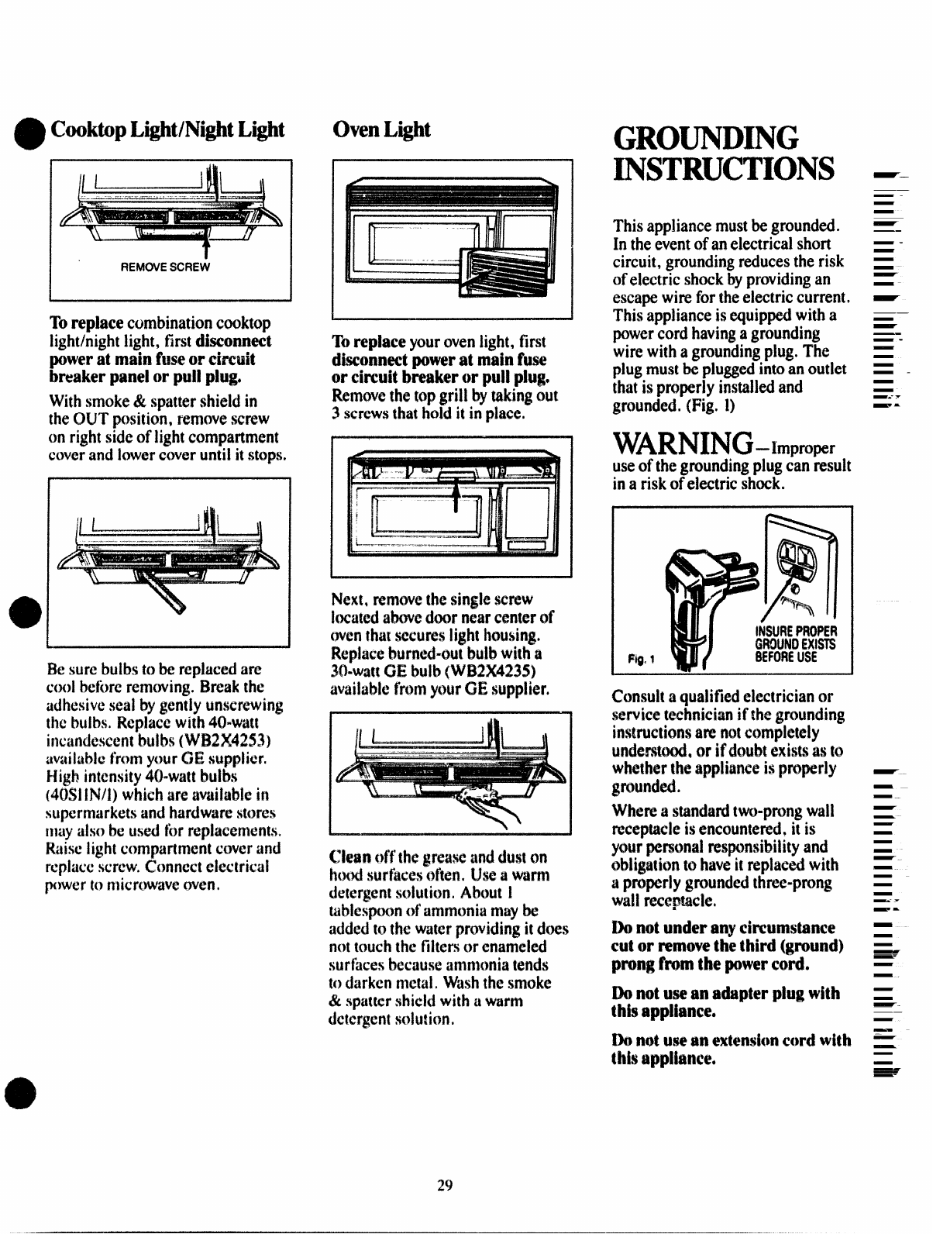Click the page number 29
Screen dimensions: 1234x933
point(444,1185)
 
